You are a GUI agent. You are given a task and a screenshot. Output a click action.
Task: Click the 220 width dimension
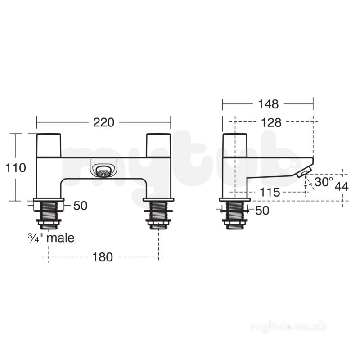(103, 122)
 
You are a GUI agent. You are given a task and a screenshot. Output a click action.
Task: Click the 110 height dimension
(15, 168)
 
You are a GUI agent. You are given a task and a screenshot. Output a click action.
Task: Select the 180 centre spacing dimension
(103, 257)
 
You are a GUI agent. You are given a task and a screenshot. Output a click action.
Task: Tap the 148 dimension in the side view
(268, 104)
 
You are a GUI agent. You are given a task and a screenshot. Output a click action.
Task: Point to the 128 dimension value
(271, 123)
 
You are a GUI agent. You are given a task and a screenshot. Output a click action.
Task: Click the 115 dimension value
(270, 192)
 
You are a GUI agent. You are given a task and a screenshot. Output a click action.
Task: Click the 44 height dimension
(342, 187)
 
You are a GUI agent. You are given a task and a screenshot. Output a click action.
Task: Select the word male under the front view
(61, 238)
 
